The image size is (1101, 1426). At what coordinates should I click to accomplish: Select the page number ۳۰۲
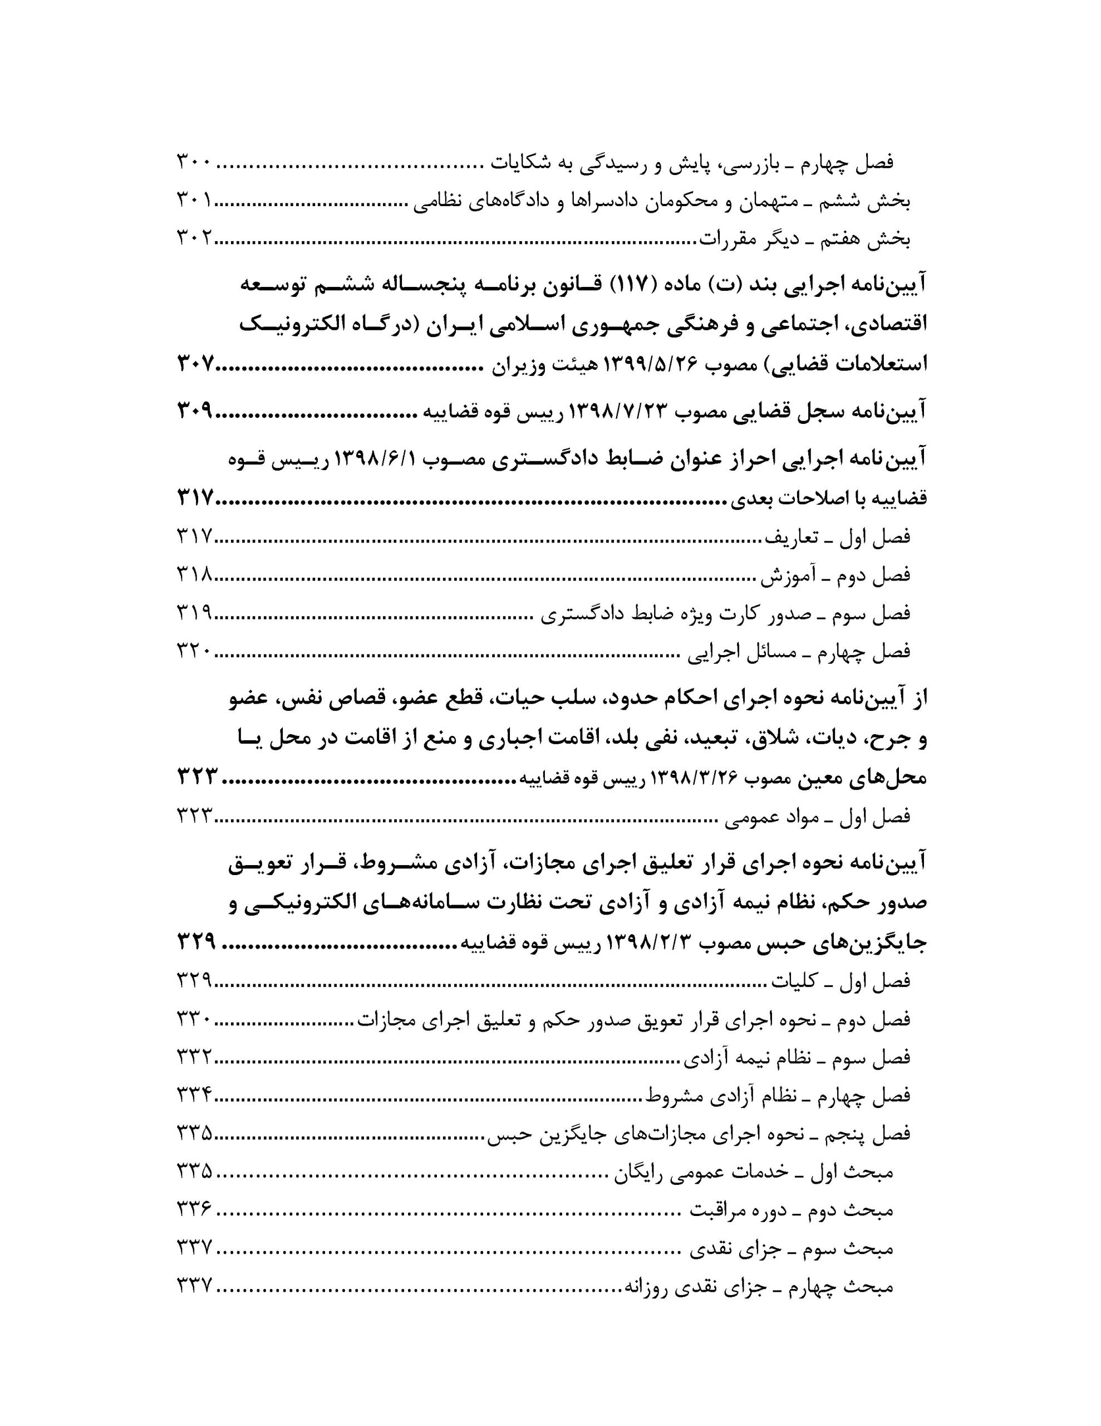(x=194, y=239)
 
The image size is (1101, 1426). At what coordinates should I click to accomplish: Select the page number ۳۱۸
(x=194, y=575)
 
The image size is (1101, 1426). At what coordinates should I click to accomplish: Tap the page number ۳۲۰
(x=194, y=652)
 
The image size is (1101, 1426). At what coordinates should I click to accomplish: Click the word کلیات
(x=794, y=982)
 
